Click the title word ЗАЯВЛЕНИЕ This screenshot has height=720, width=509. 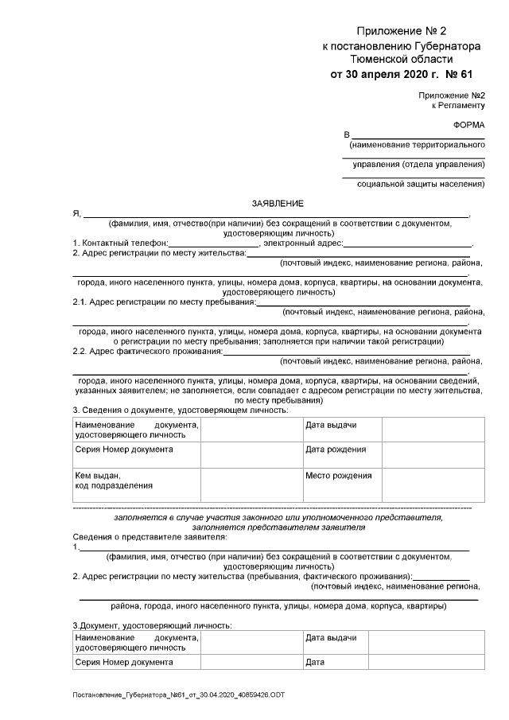[x=277, y=204]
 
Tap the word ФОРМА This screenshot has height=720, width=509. [x=468, y=126]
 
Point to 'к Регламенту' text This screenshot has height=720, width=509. [x=457, y=105]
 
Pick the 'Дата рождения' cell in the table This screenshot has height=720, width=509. [x=336, y=450]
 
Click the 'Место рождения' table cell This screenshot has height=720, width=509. [x=339, y=476]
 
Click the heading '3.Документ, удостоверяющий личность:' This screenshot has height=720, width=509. [x=152, y=626]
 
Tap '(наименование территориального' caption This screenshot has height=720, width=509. [x=417, y=146]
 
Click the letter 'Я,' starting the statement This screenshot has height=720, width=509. [x=76, y=215]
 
